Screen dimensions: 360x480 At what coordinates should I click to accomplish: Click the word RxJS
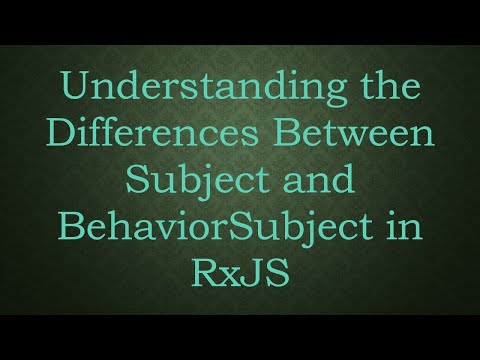point(240,271)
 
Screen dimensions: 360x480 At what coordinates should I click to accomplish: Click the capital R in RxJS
point(206,271)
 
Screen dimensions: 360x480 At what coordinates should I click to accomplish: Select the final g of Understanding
point(321,93)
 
